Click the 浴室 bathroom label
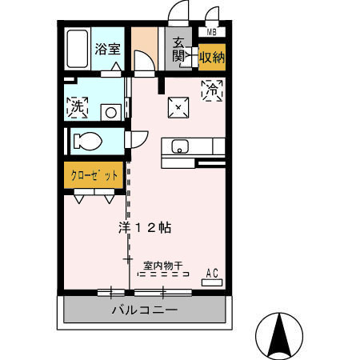pyautogui.click(x=107, y=48)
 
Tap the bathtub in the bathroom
pyautogui.click(x=78, y=50)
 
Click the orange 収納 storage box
pyautogui.click(x=211, y=57)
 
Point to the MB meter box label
pyautogui.click(x=212, y=32)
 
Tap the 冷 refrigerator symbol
pyautogui.click(x=212, y=90)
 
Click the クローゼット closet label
pyautogui.click(x=94, y=175)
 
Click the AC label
pyautogui.click(x=212, y=272)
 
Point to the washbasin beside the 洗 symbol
pyautogui.click(x=113, y=111)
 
